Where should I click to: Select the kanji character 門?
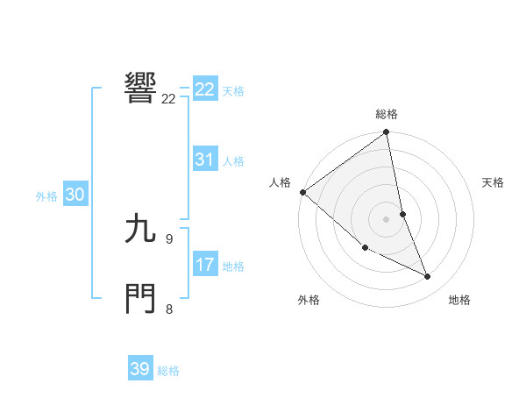point(141,298)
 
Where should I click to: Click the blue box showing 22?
point(205,89)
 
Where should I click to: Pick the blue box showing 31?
point(205,160)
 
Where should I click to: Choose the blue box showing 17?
point(205,265)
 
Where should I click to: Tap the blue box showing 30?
point(75,195)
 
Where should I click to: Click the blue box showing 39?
point(139,369)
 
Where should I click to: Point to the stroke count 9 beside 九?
point(169,238)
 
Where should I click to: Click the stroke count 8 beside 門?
point(169,309)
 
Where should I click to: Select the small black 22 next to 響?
point(168,99)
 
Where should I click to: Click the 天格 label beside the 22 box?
point(233,90)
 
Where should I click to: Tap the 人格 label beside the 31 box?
point(233,161)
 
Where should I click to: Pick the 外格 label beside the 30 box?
point(46,196)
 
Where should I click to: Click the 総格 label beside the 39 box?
point(168,371)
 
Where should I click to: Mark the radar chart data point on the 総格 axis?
point(386,133)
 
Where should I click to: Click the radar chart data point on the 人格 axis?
point(302,192)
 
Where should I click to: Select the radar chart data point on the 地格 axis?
point(428,277)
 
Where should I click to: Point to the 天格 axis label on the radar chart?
point(494,182)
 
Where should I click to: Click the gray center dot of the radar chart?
point(386,219)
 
